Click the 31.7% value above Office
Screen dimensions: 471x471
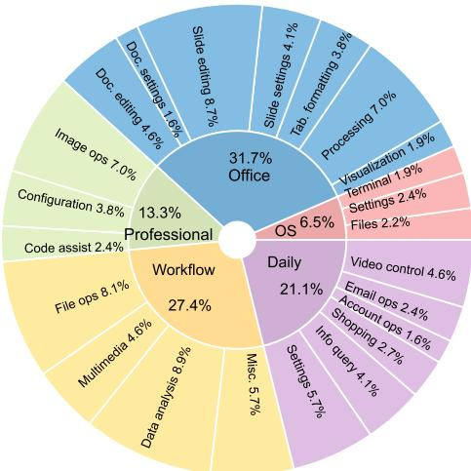(x=251, y=158)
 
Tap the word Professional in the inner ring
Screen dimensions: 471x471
(x=169, y=234)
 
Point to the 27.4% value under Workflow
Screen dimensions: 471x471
(x=189, y=305)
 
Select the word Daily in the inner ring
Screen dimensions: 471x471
(x=284, y=262)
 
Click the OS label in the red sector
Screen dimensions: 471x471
(x=286, y=231)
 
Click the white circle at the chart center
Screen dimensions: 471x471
(x=237, y=240)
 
